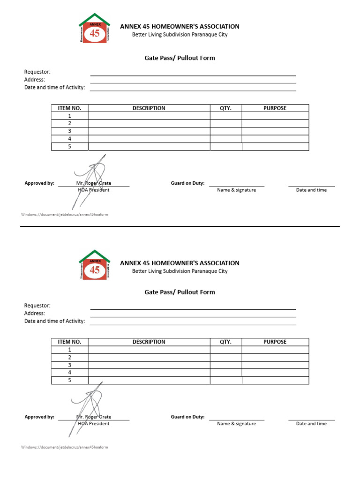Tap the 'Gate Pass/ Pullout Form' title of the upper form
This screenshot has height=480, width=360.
[x=180, y=58]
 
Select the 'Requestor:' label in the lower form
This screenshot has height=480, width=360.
[x=37, y=306]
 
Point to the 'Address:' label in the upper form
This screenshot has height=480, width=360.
[x=35, y=80]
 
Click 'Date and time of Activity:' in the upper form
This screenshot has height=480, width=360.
[x=54, y=87]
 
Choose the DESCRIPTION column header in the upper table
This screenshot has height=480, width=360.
[x=149, y=108]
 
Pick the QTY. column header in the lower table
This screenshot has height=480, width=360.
[x=225, y=342]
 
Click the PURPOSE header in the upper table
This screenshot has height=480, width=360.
[x=275, y=108]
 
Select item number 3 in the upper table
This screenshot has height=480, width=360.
[x=69, y=131]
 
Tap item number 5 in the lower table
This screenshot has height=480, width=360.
[x=69, y=380]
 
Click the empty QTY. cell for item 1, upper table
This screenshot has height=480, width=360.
[x=225, y=116]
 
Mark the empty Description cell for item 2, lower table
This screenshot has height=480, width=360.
[x=149, y=357]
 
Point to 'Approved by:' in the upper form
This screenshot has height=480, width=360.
[x=39, y=183]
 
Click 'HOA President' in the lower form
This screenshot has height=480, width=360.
[x=93, y=424]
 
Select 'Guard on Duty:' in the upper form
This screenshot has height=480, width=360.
[x=187, y=183]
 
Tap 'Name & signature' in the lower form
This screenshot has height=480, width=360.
[x=236, y=424]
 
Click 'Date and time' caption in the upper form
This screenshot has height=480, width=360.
[x=311, y=190]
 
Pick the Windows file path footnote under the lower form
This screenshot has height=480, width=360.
[x=65, y=447]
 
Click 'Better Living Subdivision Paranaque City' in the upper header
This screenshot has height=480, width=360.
[x=180, y=35]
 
